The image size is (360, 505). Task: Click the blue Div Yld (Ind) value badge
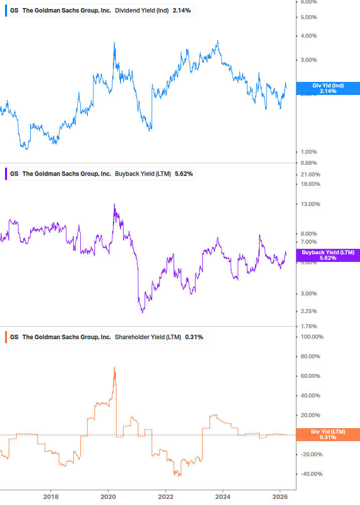(328, 88)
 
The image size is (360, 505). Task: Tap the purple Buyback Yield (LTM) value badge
(328, 255)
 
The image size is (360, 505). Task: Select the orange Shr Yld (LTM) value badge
(328, 435)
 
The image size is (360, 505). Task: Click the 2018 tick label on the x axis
(51, 497)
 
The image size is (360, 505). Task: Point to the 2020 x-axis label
(108, 497)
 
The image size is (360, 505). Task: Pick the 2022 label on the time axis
(166, 497)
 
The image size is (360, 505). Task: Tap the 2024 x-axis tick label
(223, 497)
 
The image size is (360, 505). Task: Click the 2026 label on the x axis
(280, 497)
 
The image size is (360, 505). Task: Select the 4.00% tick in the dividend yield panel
(309, 36)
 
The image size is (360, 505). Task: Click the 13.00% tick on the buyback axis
(310, 204)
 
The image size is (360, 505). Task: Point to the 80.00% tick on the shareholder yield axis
(310, 357)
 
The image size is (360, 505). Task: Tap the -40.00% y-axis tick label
(310, 474)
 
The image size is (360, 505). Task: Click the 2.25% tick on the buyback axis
(309, 312)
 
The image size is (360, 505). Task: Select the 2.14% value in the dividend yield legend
(181, 11)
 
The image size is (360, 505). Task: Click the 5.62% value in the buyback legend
(184, 174)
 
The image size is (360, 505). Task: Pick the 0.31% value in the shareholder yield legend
(194, 337)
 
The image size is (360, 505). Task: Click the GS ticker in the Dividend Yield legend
(14, 11)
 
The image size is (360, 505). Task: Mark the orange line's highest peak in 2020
(114, 368)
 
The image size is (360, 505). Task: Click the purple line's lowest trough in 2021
(143, 313)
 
